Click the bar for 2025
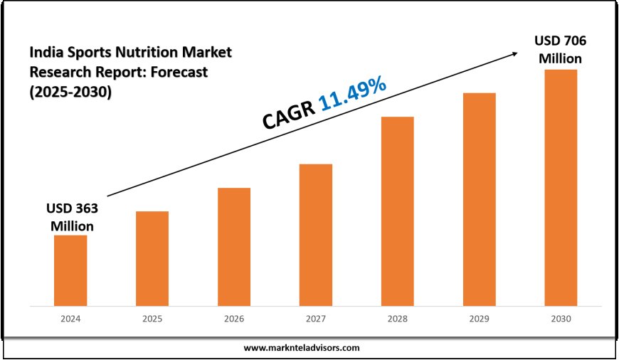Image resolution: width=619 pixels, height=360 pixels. pos(152,258)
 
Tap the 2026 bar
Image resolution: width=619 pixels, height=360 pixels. pos(234,247)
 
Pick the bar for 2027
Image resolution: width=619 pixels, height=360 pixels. pos(316,235)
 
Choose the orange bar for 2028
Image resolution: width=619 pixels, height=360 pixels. pos(397,211)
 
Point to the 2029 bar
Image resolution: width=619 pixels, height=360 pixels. pos(479,199)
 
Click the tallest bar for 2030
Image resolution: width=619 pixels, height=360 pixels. pos(561,188)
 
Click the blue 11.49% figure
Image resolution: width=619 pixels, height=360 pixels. pos(353,95)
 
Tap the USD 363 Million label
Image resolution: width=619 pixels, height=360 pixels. pos(71,217)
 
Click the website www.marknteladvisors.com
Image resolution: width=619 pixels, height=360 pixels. pos(302,348)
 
